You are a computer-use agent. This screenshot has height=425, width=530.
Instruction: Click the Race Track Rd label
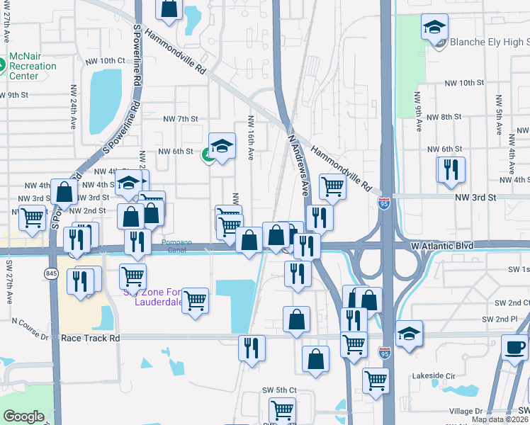coord(90,339)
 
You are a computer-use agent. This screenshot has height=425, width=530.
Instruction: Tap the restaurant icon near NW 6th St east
coord(450,170)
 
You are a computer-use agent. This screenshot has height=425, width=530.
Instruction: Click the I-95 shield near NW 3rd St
coord(383,201)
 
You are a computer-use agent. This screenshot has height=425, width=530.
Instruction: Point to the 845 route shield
coord(50,273)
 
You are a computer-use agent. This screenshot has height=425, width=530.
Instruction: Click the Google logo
coord(23,416)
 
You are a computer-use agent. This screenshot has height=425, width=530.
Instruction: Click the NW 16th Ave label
coord(251,135)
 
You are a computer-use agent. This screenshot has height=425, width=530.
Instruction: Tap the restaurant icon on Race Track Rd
coord(252,347)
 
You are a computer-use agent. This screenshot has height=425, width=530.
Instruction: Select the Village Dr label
coord(466,411)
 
